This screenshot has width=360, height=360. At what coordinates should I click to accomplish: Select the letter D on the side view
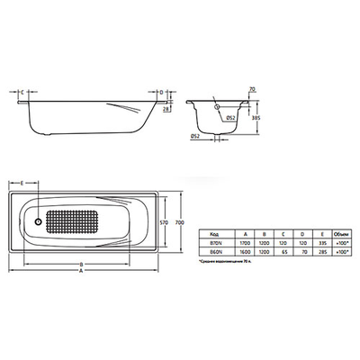point(159,92)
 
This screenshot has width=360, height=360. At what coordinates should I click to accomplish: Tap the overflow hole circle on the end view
point(217,104)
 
